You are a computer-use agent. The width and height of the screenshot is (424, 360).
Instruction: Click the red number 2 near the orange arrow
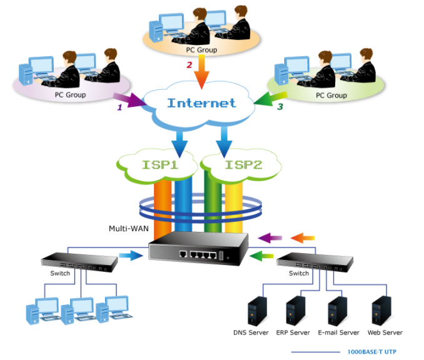189,65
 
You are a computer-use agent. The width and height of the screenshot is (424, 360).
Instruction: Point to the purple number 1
119,107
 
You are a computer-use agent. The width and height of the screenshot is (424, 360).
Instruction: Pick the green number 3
280,107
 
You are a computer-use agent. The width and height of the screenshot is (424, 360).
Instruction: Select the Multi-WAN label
128,229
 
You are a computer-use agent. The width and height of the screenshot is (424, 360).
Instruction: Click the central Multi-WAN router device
198,250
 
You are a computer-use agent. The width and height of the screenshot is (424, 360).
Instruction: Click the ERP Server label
294,332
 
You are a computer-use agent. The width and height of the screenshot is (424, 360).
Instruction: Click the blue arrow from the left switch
131,255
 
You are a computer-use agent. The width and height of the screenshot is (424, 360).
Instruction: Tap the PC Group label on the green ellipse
331,96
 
